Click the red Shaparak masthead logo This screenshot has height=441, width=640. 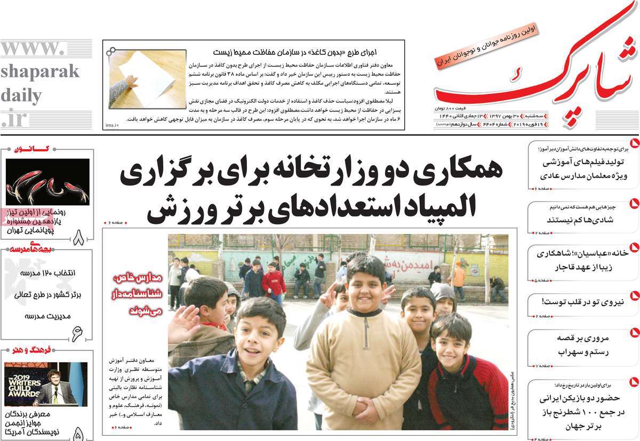(533, 75)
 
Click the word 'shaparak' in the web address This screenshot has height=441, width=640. (39, 71)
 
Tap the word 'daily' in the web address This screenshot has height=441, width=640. (21, 96)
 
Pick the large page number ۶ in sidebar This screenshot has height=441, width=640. (78, 332)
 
